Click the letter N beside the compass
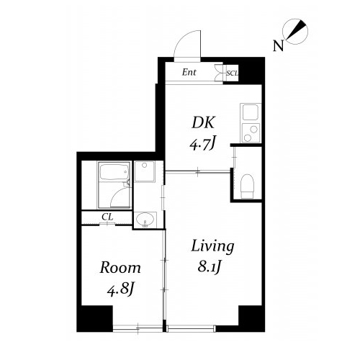278,46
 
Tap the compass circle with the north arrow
295,32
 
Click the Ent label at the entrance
189,72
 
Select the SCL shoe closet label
232,73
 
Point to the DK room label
203,122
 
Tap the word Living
212,246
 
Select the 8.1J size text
209,267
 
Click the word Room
120,268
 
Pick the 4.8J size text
120,289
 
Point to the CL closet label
107,217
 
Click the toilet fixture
247,186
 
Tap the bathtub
114,172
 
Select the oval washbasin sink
145,220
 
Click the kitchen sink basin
251,112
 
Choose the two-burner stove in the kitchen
251,132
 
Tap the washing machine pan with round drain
145,171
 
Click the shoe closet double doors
219,73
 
